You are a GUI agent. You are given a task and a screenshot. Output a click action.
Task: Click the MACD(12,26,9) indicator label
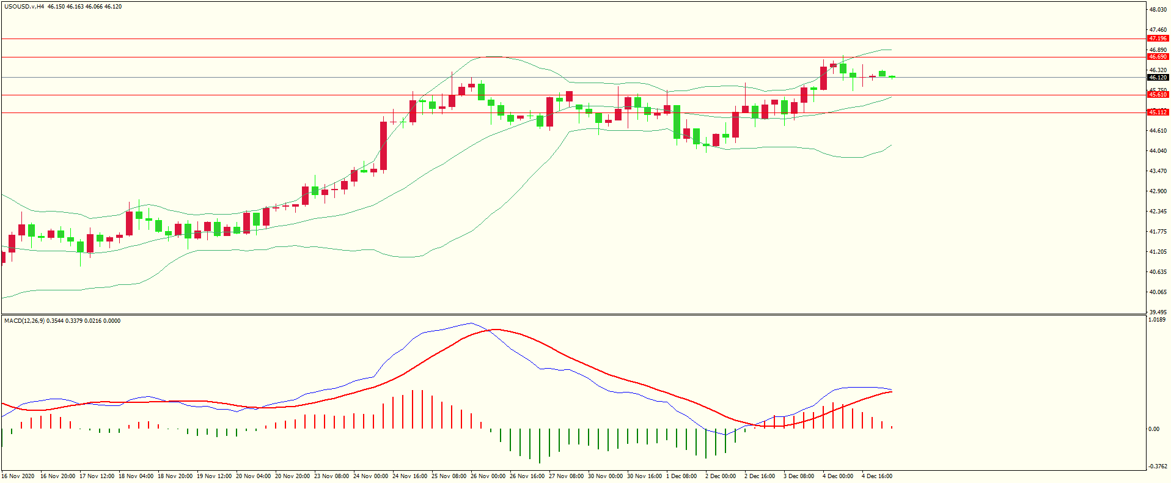coord(24,320)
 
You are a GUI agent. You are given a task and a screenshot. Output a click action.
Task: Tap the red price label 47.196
coord(1158,39)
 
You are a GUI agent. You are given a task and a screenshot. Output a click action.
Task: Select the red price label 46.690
coord(1158,57)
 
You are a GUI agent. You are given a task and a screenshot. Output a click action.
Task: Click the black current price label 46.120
coord(1158,78)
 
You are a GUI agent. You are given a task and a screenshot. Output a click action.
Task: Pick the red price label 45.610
coord(1158,95)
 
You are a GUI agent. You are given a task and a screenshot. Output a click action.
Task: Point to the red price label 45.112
coord(1158,112)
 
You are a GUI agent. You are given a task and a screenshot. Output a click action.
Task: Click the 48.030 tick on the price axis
coord(1158,10)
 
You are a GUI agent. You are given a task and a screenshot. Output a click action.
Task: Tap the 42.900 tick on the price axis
coord(1158,191)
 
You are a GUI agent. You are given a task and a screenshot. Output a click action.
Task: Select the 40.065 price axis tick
coord(1158,292)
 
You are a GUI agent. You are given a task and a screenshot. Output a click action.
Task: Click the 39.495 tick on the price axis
coord(1158,312)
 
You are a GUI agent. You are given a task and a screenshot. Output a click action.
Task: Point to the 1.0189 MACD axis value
coord(1157,320)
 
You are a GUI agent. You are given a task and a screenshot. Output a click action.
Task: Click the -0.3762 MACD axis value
coord(1157,466)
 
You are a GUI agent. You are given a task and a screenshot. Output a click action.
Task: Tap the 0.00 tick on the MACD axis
coord(1153,429)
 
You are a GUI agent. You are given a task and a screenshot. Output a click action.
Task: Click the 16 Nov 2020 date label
coord(18,476)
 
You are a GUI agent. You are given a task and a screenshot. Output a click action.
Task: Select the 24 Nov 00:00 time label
coord(370,476)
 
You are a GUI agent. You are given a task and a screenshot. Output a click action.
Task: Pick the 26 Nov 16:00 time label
coord(527,476)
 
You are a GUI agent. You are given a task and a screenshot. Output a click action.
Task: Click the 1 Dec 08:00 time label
coord(681,476)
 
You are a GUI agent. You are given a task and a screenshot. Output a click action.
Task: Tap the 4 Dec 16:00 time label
coord(877,476)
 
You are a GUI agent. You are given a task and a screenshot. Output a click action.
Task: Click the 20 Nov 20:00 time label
coord(292,476)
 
